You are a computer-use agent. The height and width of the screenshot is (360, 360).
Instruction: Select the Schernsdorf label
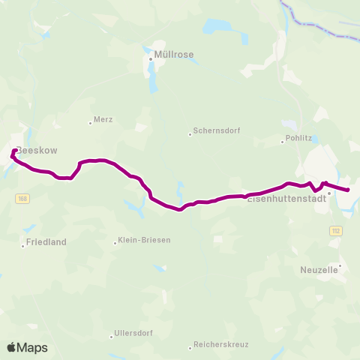216,130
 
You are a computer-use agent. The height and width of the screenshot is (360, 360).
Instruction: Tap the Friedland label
46,242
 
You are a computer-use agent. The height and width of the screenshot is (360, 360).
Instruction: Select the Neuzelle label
320,268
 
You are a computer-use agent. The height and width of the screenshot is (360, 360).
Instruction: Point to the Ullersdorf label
133,333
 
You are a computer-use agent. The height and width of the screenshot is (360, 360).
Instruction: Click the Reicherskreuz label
220,344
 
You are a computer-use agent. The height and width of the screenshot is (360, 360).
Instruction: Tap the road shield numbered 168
22,198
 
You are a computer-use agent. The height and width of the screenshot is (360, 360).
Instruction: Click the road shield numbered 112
335,231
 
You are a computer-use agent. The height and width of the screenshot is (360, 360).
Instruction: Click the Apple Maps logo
27,347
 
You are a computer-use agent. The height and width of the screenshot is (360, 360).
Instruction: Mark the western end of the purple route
15,151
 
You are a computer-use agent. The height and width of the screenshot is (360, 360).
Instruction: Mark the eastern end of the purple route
349,190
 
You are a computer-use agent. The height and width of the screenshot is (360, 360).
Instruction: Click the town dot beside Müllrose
151,58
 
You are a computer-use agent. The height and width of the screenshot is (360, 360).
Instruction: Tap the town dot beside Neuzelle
340,265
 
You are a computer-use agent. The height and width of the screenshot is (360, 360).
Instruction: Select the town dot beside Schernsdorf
190,135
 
